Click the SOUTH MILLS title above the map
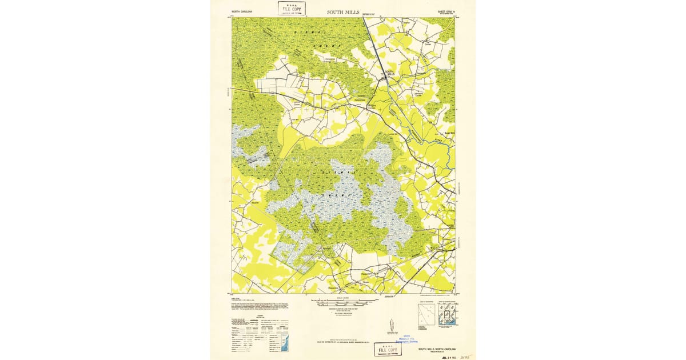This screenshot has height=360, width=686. (343, 11)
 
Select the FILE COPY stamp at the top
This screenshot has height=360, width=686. (292, 8)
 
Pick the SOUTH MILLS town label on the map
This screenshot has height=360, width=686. (391, 73)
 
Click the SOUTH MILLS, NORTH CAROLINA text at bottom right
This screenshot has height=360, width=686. (440, 349)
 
